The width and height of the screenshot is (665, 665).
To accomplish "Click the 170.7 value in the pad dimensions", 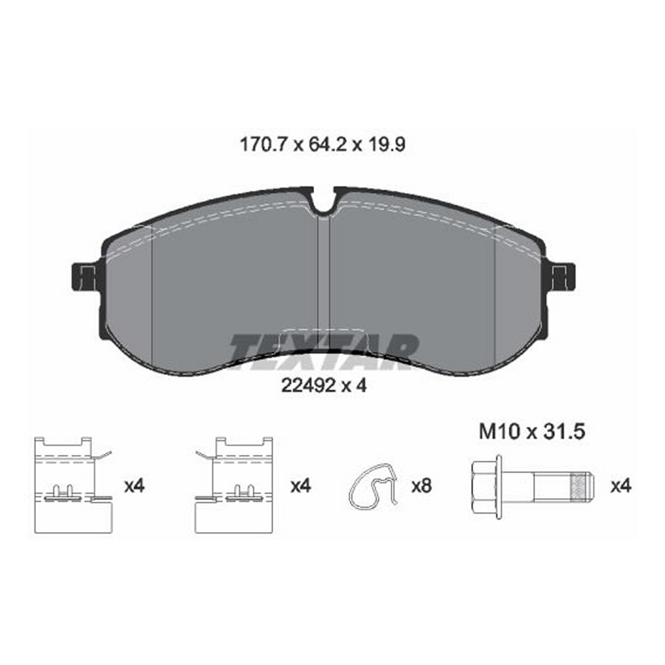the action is [263, 145].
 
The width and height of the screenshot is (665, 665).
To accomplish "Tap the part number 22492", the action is [308, 386].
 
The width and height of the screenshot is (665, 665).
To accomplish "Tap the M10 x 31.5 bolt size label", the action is [532, 432].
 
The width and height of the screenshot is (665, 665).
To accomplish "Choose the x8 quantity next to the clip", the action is [422, 486].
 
